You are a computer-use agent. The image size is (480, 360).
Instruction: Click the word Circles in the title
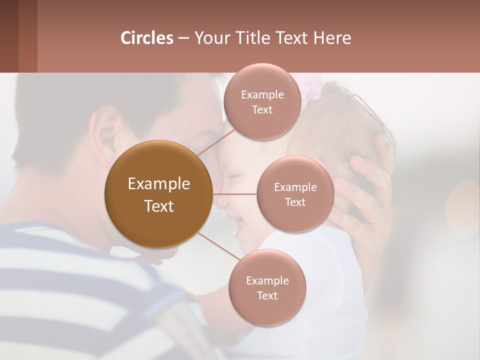(x=146, y=38)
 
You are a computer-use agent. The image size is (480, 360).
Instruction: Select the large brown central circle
(x=158, y=194)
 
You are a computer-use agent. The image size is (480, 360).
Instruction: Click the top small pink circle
(x=262, y=101)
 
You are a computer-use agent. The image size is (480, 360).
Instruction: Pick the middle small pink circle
(x=295, y=194)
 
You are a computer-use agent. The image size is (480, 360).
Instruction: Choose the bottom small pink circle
(x=267, y=287)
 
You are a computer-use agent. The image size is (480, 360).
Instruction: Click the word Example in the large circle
(x=158, y=184)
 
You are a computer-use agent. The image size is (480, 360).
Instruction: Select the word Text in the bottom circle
(x=267, y=295)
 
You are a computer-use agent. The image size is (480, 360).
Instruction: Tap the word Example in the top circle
(x=262, y=94)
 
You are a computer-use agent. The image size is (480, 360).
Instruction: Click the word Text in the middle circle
(x=295, y=202)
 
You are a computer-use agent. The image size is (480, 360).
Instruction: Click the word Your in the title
(x=210, y=38)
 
